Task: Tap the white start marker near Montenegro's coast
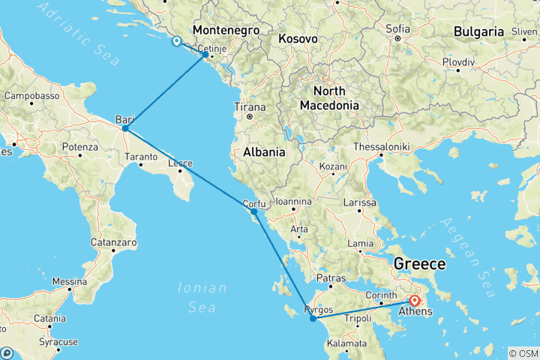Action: [176, 42]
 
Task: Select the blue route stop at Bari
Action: [125, 128]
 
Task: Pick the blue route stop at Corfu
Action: [254, 211]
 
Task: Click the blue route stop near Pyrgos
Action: [313, 319]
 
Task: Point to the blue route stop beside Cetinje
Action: [205, 54]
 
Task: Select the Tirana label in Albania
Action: [250, 106]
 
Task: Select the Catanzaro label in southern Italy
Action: [113, 243]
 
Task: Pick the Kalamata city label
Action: [346, 343]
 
